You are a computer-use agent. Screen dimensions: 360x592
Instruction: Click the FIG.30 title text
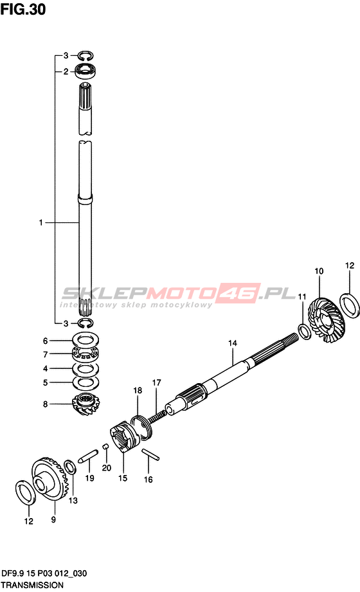[x=23, y=9]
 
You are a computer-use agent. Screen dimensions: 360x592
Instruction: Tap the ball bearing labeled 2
[x=85, y=71]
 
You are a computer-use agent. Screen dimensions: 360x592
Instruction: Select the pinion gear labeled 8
[x=85, y=404]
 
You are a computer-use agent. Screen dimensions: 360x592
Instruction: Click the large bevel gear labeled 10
[x=326, y=320]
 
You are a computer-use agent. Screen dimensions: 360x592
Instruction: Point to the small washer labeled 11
[x=304, y=331]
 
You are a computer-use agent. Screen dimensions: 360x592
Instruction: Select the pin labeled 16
[x=150, y=454]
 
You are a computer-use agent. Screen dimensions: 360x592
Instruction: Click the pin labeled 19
[x=88, y=456]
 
